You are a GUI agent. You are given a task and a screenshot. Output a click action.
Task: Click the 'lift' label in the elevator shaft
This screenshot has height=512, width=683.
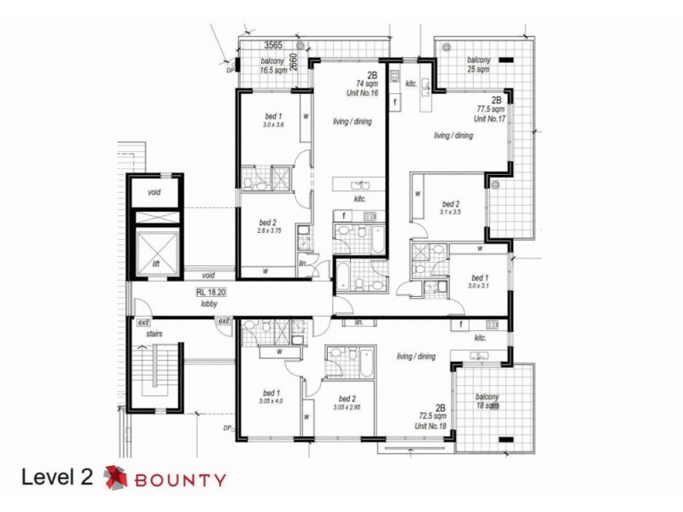pyautogui.click(x=155, y=265)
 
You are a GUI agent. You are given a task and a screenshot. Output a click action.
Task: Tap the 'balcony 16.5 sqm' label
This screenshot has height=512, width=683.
pyautogui.click(x=272, y=66)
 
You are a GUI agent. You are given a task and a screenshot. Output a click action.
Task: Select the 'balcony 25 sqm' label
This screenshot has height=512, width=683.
pyautogui.click(x=478, y=64)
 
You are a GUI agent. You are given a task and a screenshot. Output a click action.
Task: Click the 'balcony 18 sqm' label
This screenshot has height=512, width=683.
pyautogui.click(x=487, y=404)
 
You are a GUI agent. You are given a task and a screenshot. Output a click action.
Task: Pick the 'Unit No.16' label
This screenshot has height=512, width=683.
pyautogui.click(x=366, y=94)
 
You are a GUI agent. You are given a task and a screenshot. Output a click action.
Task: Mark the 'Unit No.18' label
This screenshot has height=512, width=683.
pyautogui.click(x=433, y=425)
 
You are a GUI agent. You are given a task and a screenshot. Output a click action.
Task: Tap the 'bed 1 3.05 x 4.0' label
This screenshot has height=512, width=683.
pyautogui.click(x=272, y=398)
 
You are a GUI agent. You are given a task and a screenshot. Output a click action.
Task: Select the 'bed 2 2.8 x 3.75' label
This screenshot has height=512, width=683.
pyautogui.click(x=269, y=226)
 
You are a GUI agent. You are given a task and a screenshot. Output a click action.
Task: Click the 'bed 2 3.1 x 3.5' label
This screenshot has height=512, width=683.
pyautogui.click(x=451, y=208)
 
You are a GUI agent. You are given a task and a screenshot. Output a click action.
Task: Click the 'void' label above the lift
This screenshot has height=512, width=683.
pyautogui.click(x=154, y=192)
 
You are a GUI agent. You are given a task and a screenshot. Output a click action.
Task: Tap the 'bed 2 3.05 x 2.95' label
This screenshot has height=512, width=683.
pyautogui.click(x=347, y=403)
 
